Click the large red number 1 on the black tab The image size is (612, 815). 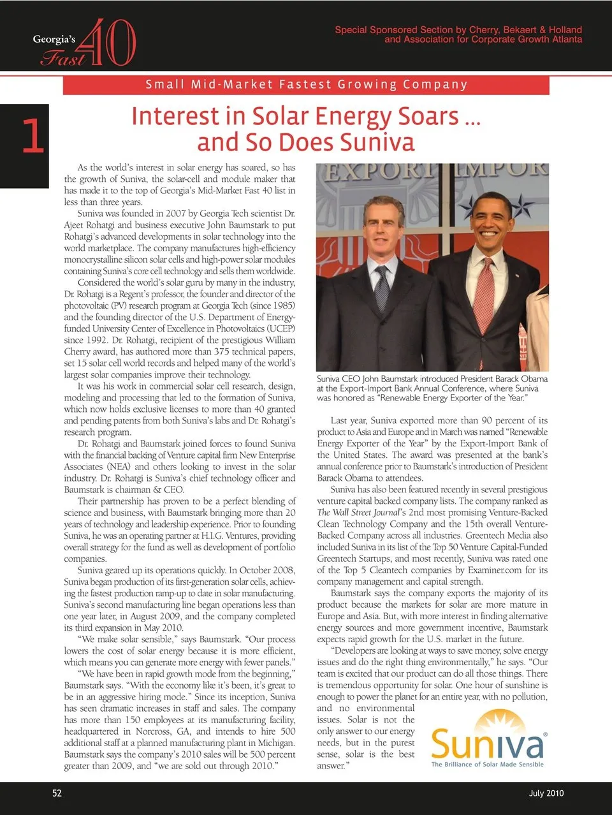tap(33, 136)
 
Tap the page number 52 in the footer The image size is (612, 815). tap(57, 793)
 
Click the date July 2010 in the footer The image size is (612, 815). tap(546, 793)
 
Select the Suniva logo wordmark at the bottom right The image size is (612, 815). tap(488, 744)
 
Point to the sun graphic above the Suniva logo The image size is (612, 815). tap(488, 721)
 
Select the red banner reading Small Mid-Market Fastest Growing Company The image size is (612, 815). tap(306, 84)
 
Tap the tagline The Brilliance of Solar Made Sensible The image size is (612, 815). tap(488, 764)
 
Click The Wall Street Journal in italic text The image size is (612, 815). tap(359, 512)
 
